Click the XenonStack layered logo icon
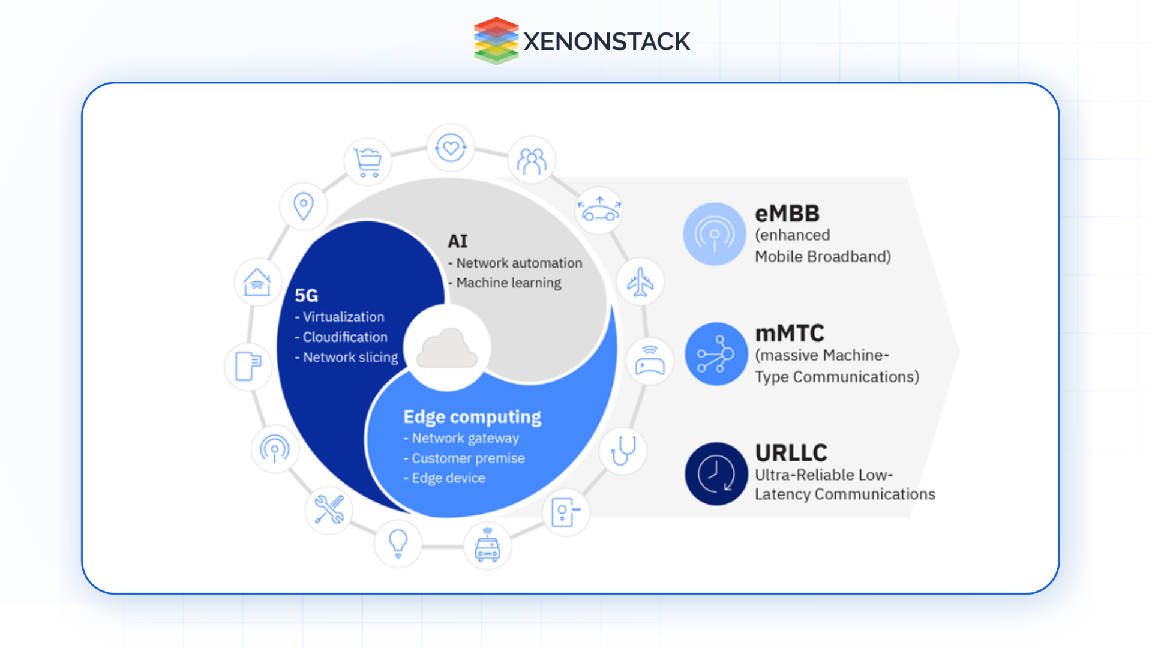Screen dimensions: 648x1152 [496, 41]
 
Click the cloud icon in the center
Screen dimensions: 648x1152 [447, 349]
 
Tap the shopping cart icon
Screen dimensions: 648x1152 [367, 162]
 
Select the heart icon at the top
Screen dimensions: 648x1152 [451, 148]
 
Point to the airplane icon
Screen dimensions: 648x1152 [640, 282]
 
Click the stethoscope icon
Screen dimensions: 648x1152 [623, 451]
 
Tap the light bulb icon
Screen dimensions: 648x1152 [398, 544]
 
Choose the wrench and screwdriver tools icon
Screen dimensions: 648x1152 [329, 509]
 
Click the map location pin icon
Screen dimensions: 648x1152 [304, 206]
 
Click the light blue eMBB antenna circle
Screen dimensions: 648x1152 [714, 234]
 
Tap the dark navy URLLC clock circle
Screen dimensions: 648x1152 [715, 474]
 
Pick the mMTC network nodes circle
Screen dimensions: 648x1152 [715, 354]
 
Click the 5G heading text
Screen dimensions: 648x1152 [307, 295]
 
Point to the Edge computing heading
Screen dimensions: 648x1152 [472, 416]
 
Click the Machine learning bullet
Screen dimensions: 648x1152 [508, 283]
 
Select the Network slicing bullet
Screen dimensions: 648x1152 [350, 357]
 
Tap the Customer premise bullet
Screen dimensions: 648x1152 [467, 458]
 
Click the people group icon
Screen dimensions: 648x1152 [532, 161]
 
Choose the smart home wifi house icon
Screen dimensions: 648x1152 [257, 282]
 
